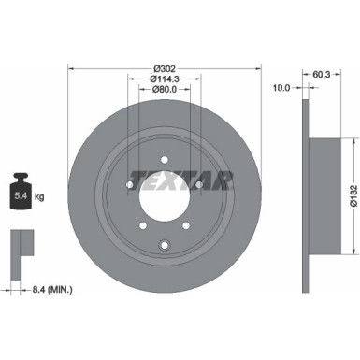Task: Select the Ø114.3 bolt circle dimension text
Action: pos(166,79)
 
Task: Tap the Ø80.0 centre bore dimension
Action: pos(166,90)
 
